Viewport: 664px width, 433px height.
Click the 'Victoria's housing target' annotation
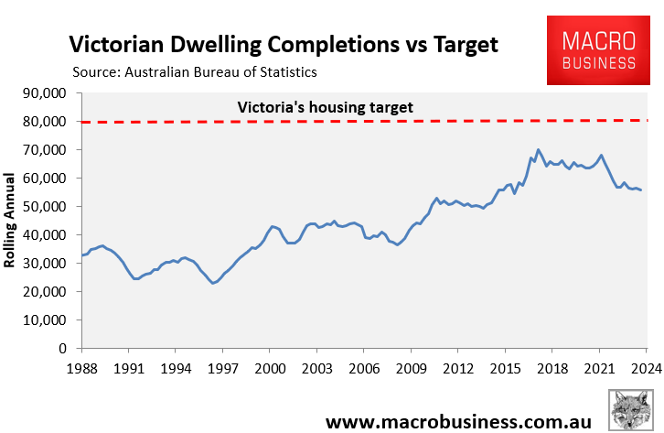pyautogui.click(x=325, y=107)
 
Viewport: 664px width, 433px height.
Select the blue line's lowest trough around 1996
pyautogui.click(x=213, y=283)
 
